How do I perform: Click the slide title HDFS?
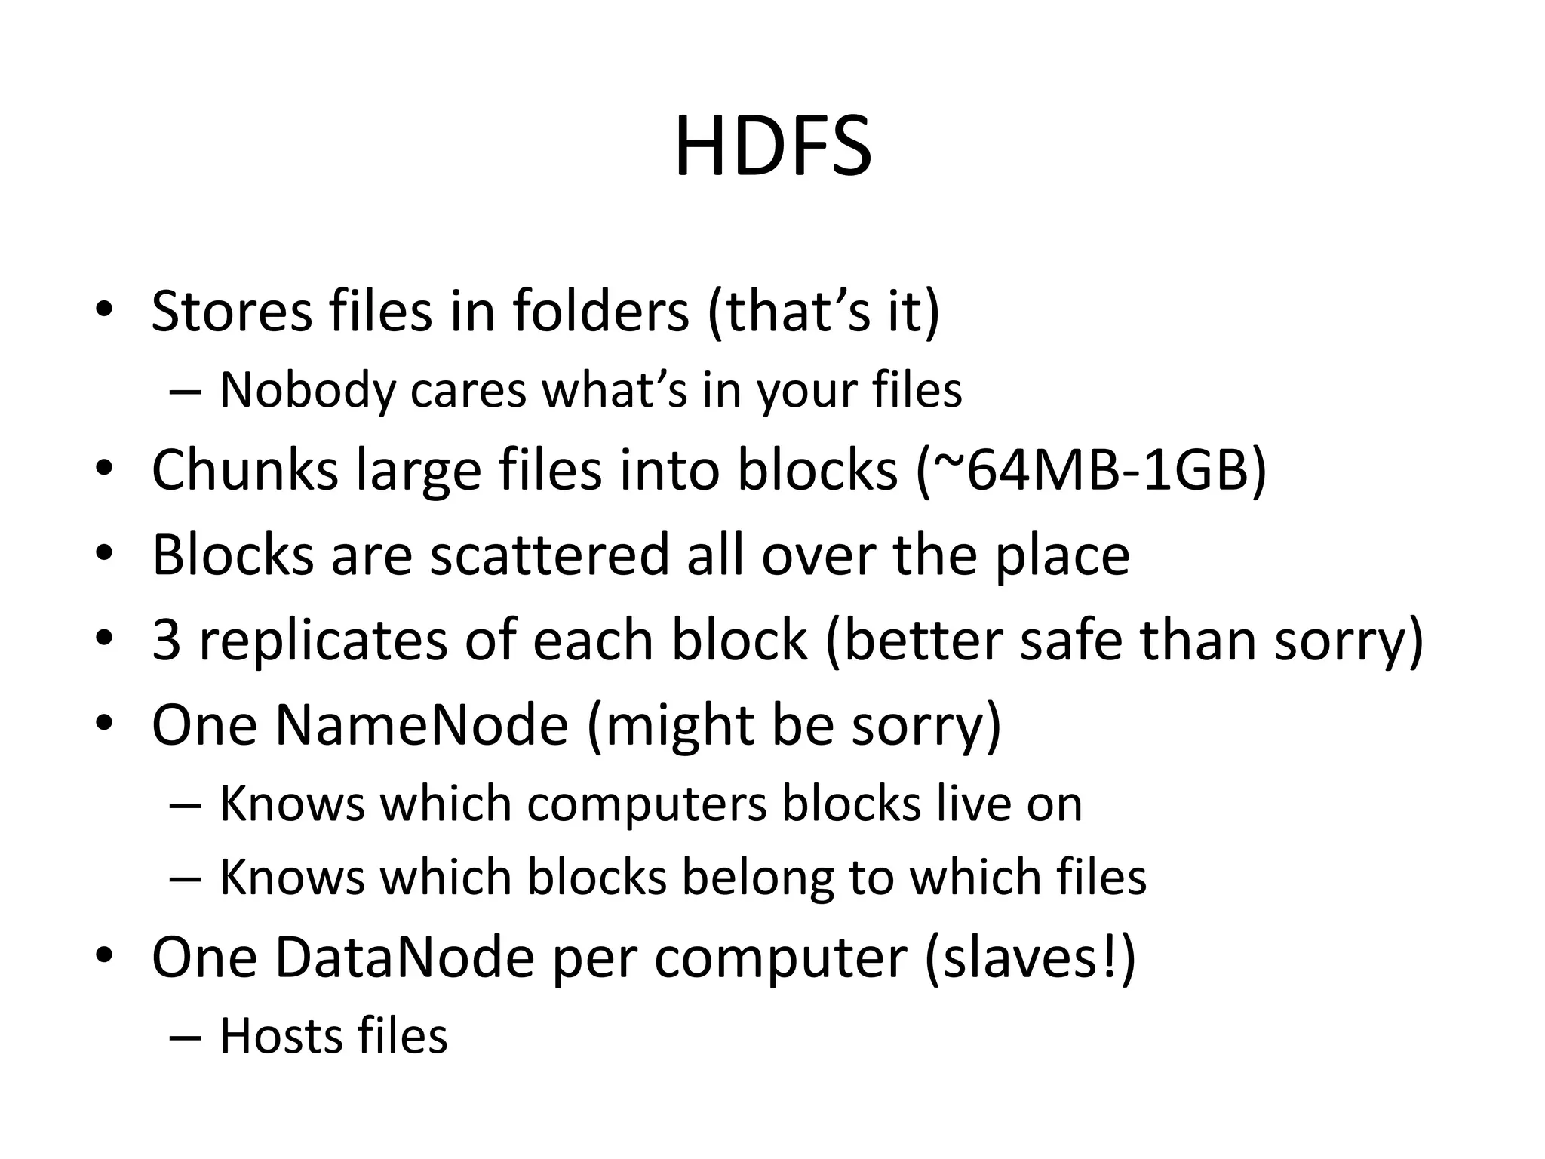point(772,147)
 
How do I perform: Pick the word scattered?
point(549,555)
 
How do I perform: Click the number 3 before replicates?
point(166,640)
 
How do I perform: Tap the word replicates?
point(323,640)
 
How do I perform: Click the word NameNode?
point(421,724)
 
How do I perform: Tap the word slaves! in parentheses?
point(1030,957)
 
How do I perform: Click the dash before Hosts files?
point(185,1037)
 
